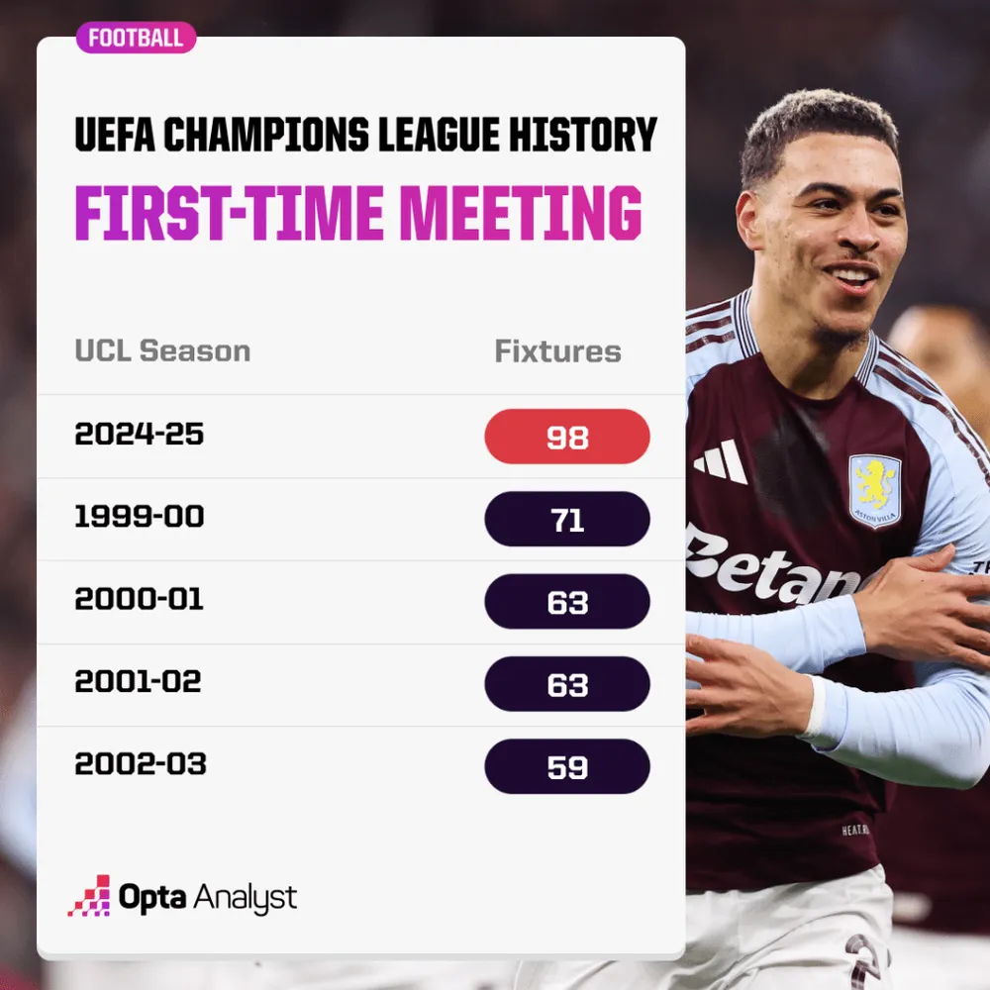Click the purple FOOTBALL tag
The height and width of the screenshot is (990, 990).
pyautogui.click(x=136, y=38)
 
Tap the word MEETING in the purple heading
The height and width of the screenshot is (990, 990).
pyautogui.click(x=521, y=213)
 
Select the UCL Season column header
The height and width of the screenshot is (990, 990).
pyautogui.click(x=162, y=351)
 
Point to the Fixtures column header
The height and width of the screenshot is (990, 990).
pyautogui.click(x=557, y=351)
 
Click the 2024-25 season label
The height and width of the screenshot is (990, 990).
pyautogui.click(x=139, y=434)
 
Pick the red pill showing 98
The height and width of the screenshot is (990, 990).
pyautogui.click(x=567, y=437)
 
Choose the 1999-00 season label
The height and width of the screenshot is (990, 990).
pyautogui.click(x=139, y=517)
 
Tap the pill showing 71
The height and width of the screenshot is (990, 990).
pyautogui.click(x=567, y=519)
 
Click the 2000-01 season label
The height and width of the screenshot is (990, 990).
pyautogui.click(x=139, y=599)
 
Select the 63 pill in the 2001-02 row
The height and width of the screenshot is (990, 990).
pyautogui.click(x=567, y=684)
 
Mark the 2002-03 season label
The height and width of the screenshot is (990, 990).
pyautogui.click(x=141, y=764)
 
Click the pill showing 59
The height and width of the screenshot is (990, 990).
pyautogui.click(x=567, y=766)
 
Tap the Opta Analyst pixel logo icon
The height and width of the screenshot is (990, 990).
pyautogui.click(x=89, y=895)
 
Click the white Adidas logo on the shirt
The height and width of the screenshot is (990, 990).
pyautogui.click(x=721, y=461)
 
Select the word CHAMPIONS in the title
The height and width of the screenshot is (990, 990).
pyautogui.click(x=265, y=134)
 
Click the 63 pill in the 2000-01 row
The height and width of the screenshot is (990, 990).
pyautogui.click(x=567, y=601)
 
